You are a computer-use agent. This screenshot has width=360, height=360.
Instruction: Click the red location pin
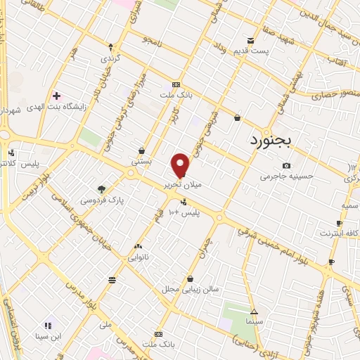(181, 165)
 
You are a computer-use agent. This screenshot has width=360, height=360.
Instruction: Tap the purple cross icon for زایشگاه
(56, 96)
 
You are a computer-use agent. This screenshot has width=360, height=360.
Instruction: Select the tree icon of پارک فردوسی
(103, 189)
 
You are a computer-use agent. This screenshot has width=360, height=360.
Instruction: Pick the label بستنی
(141, 161)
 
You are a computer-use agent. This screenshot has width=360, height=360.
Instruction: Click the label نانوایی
(138, 257)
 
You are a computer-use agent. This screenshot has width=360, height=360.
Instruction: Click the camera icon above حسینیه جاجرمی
(285, 165)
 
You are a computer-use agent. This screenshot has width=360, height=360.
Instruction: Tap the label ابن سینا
(49, 336)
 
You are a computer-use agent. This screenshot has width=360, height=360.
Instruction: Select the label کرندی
(110, 58)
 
